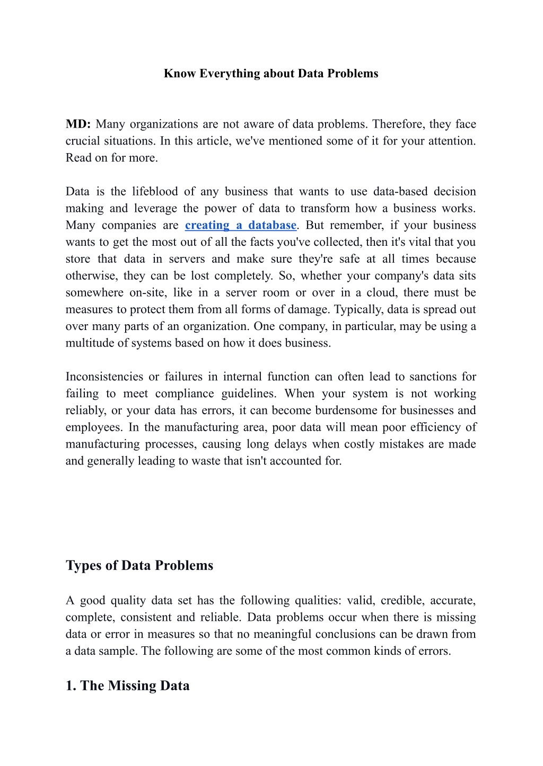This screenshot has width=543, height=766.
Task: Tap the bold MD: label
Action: [78, 124]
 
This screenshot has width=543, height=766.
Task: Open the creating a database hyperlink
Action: [240, 225]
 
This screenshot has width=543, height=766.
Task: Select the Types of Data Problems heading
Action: [139, 565]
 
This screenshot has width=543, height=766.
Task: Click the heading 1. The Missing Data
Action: [127, 685]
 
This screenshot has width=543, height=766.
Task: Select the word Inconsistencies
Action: [104, 377]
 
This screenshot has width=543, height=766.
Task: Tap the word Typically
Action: [358, 309]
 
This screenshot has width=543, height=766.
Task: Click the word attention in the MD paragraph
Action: [452, 141]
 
